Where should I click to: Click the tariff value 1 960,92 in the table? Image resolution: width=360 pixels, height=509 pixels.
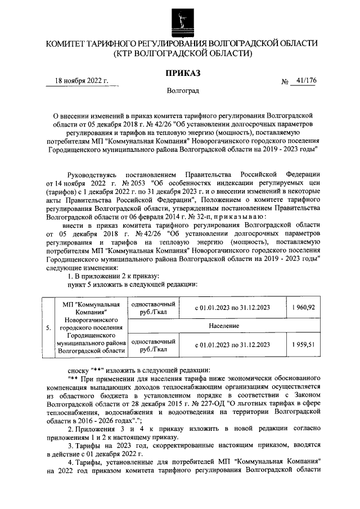coord(303,307)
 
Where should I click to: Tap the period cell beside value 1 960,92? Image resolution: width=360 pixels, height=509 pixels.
coord(232,307)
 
